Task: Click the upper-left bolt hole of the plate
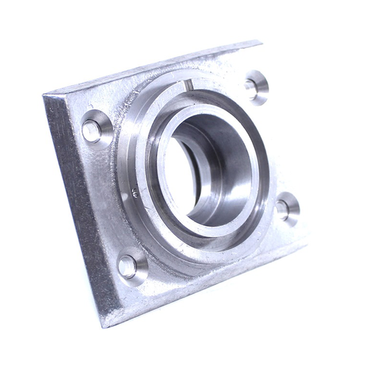tap(95, 128)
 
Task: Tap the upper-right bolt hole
tap(255, 86)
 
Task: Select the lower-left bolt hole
tap(130, 265)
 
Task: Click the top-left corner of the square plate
tap(44, 95)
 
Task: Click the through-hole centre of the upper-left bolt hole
tap(91, 130)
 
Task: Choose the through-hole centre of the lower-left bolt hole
tap(127, 266)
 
